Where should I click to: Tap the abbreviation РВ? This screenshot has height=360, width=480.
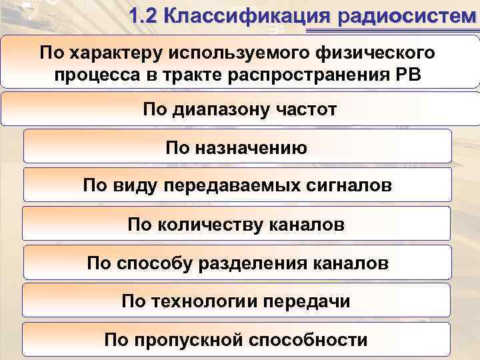407,73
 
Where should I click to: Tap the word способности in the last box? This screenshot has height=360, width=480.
308,340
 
